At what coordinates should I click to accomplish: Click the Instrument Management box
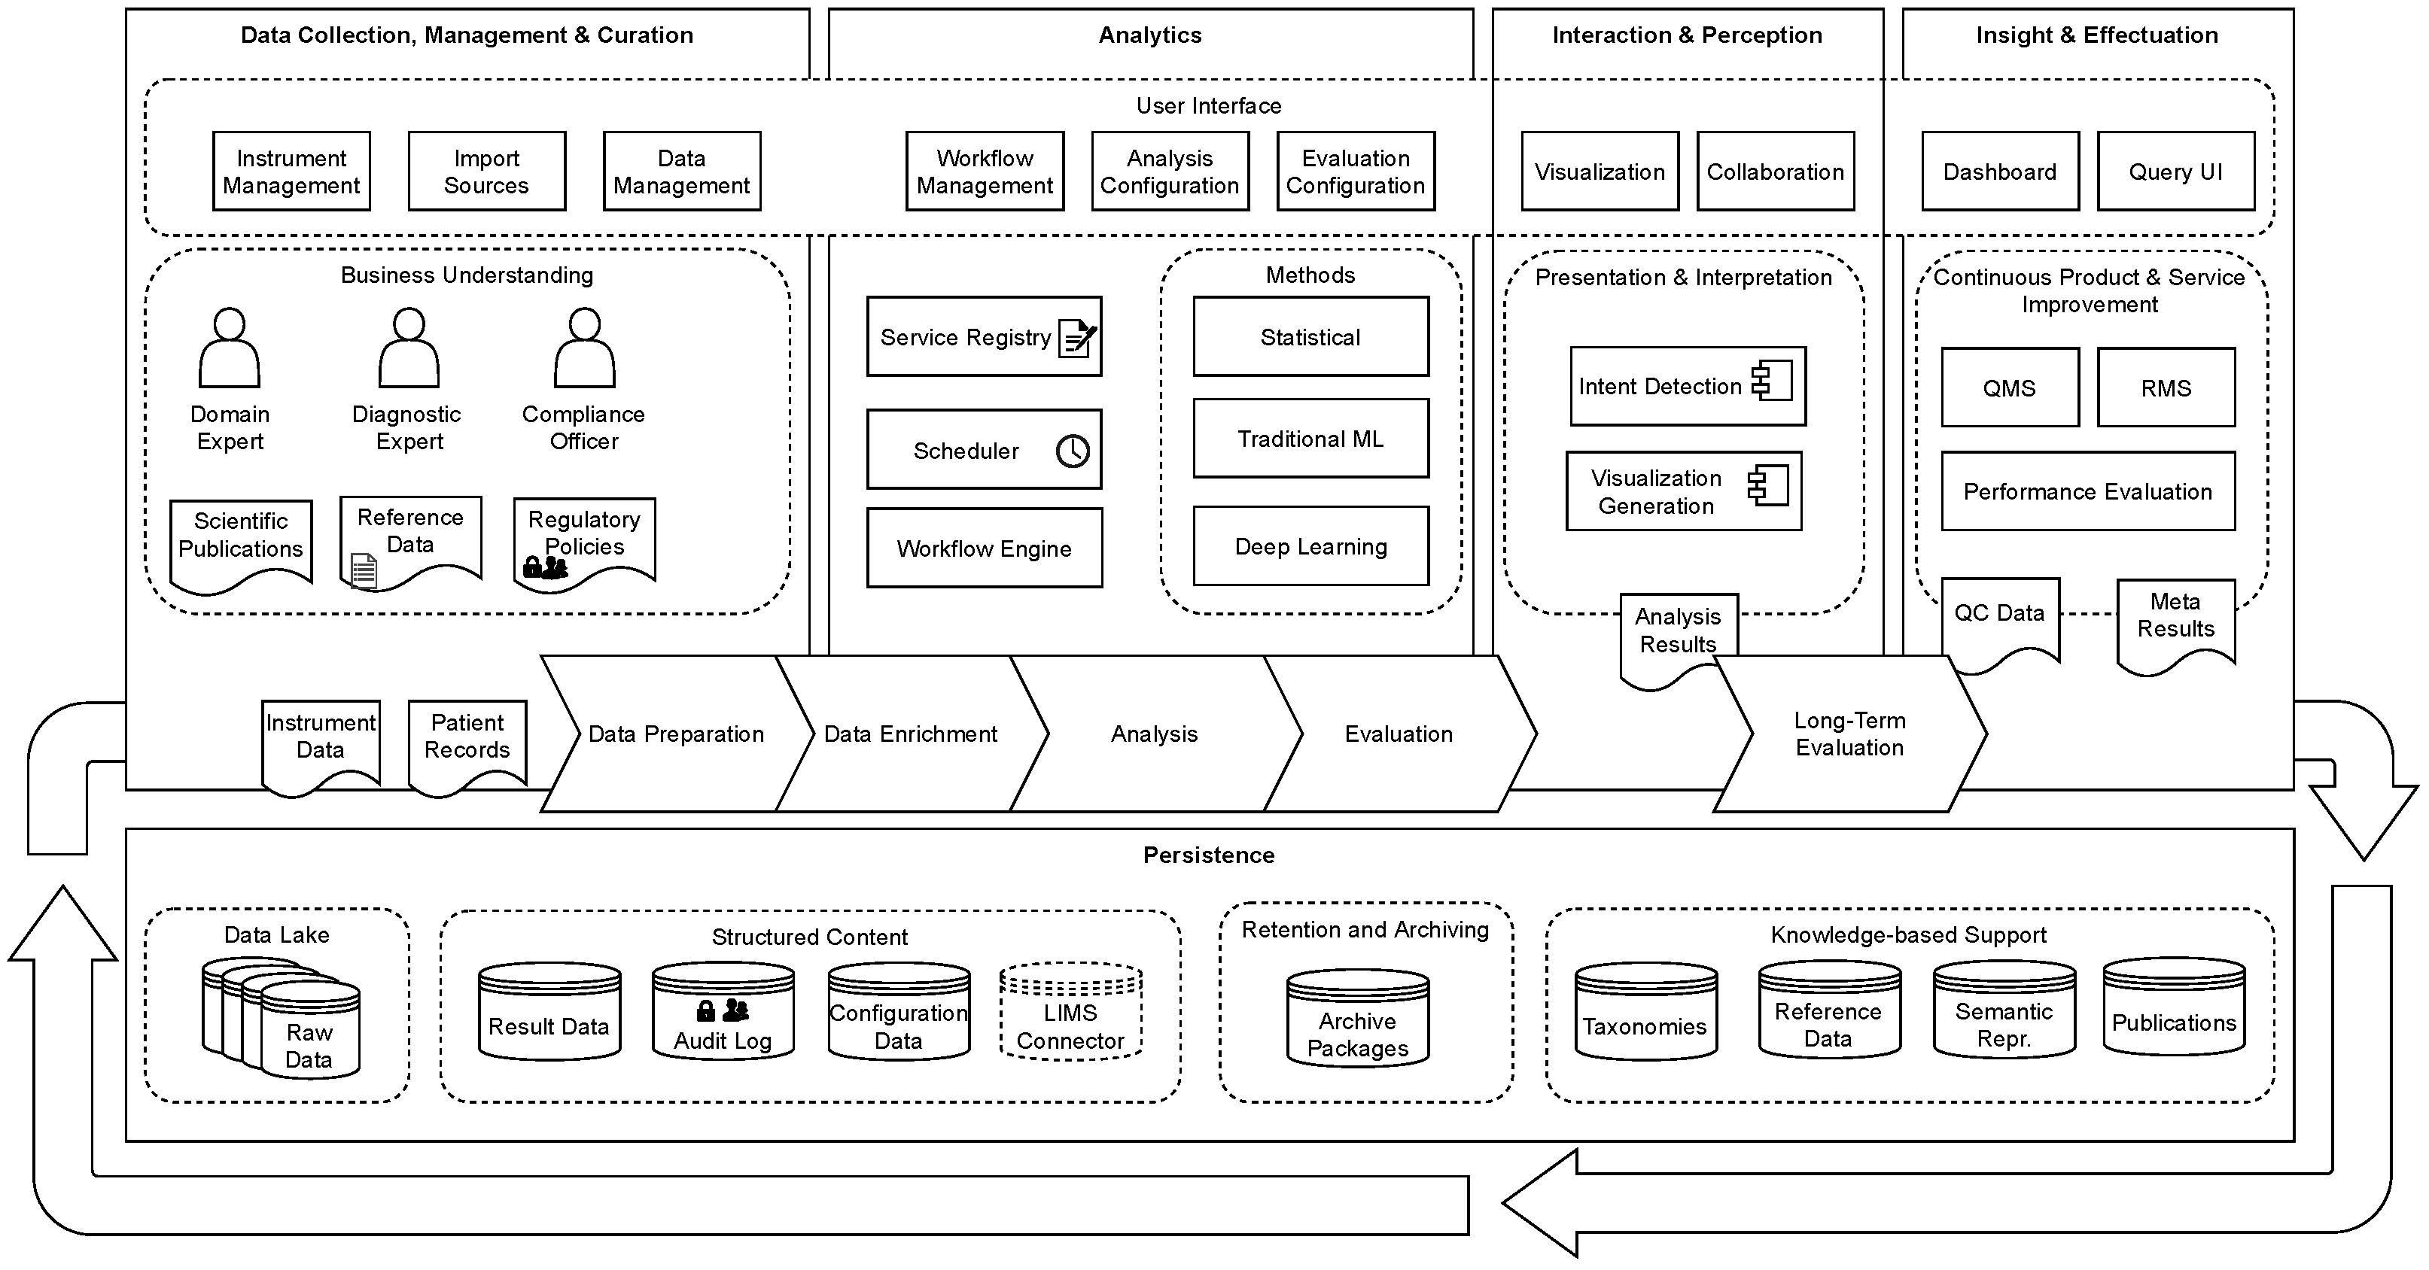click(x=291, y=172)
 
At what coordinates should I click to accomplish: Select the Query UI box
click(x=2175, y=172)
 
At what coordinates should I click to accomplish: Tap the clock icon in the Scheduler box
click(x=1072, y=451)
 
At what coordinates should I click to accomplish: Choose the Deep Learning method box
click(x=1310, y=547)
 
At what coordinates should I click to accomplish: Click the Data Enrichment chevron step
click(x=910, y=734)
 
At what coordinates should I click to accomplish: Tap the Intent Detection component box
click(x=1686, y=387)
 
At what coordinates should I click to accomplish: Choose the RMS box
click(x=2165, y=387)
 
